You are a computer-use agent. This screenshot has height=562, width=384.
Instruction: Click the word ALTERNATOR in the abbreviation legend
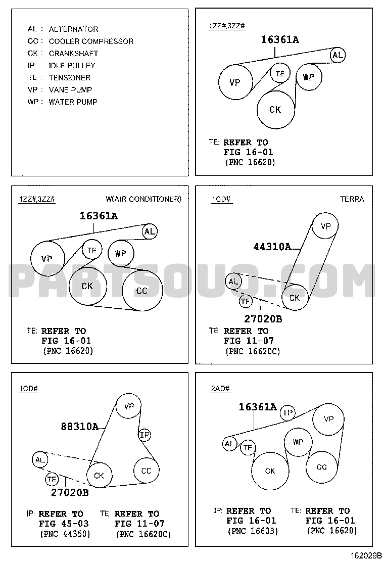click(x=73, y=29)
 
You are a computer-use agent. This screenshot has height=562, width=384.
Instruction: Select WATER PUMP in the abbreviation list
click(x=73, y=102)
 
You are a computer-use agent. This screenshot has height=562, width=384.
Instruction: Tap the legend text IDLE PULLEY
click(x=72, y=65)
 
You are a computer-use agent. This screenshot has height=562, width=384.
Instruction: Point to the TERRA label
click(x=352, y=199)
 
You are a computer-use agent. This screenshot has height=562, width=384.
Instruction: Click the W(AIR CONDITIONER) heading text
click(x=143, y=199)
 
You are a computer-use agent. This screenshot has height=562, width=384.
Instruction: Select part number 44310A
click(x=272, y=247)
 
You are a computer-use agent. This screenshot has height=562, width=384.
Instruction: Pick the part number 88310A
click(x=79, y=426)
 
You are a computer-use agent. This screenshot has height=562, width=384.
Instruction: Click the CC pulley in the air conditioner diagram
click(x=142, y=291)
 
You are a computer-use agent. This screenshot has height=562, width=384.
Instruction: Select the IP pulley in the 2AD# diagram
click(x=287, y=413)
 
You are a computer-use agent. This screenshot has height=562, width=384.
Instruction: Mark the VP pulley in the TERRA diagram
click(x=326, y=226)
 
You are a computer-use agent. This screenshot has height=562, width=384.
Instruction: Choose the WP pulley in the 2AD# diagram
click(x=298, y=442)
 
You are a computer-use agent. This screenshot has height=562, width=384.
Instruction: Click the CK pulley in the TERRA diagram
click(x=295, y=298)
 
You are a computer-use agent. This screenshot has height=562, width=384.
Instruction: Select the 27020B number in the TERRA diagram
click(x=263, y=319)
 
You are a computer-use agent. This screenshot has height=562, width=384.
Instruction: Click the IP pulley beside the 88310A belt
click(x=145, y=435)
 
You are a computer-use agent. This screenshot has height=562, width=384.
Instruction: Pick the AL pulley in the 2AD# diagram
click(x=230, y=444)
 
